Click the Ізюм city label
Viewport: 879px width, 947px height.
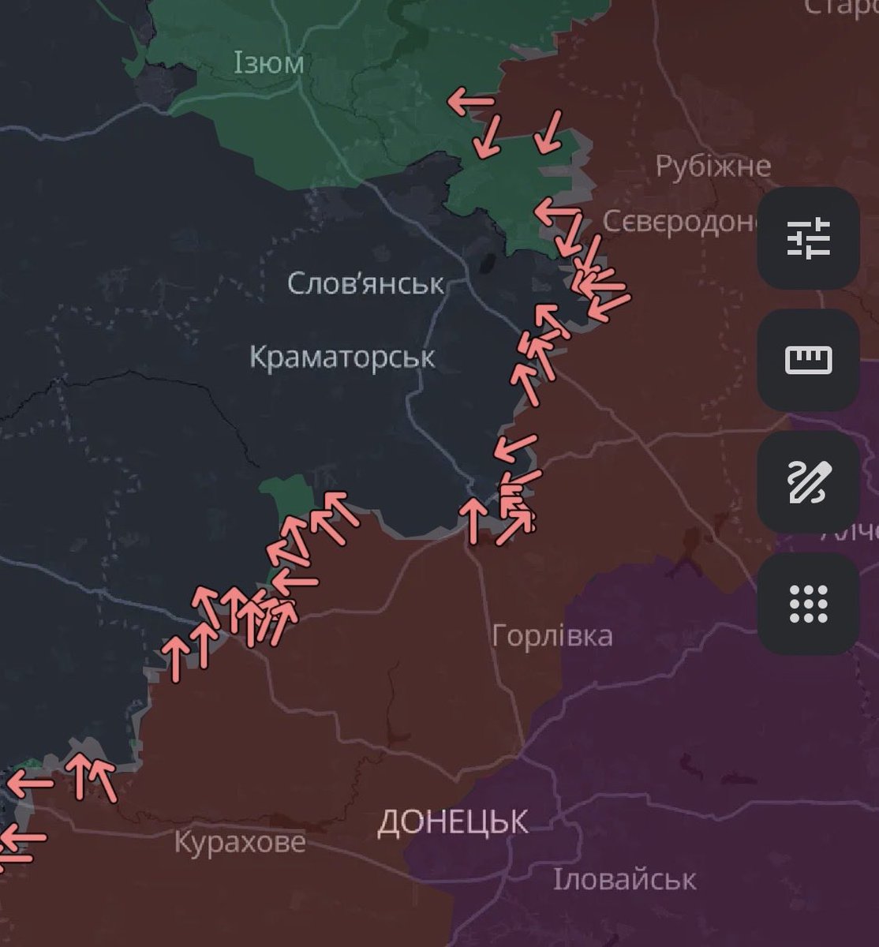pos(268,63)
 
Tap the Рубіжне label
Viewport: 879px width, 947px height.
pos(713,167)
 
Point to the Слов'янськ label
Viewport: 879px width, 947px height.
pos(366,283)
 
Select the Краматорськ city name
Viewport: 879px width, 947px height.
pos(342,357)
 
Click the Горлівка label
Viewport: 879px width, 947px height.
pos(552,635)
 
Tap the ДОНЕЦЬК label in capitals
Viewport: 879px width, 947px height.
pos(453,822)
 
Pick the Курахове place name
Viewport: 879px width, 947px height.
pos(239,842)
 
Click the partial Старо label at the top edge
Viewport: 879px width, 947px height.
pos(841,8)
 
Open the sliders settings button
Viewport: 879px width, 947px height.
pos(808,238)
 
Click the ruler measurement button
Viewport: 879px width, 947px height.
pos(808,360)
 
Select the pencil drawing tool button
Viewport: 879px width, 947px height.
pos(808,482)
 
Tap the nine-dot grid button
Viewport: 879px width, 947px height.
pos(808,604)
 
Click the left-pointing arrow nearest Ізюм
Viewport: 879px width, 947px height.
pos(470,101)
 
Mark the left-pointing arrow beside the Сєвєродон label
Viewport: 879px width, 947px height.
pos(557,212)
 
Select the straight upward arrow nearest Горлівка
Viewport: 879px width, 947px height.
pos(473,521)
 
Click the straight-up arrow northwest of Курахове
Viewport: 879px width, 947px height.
pos(80,773)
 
